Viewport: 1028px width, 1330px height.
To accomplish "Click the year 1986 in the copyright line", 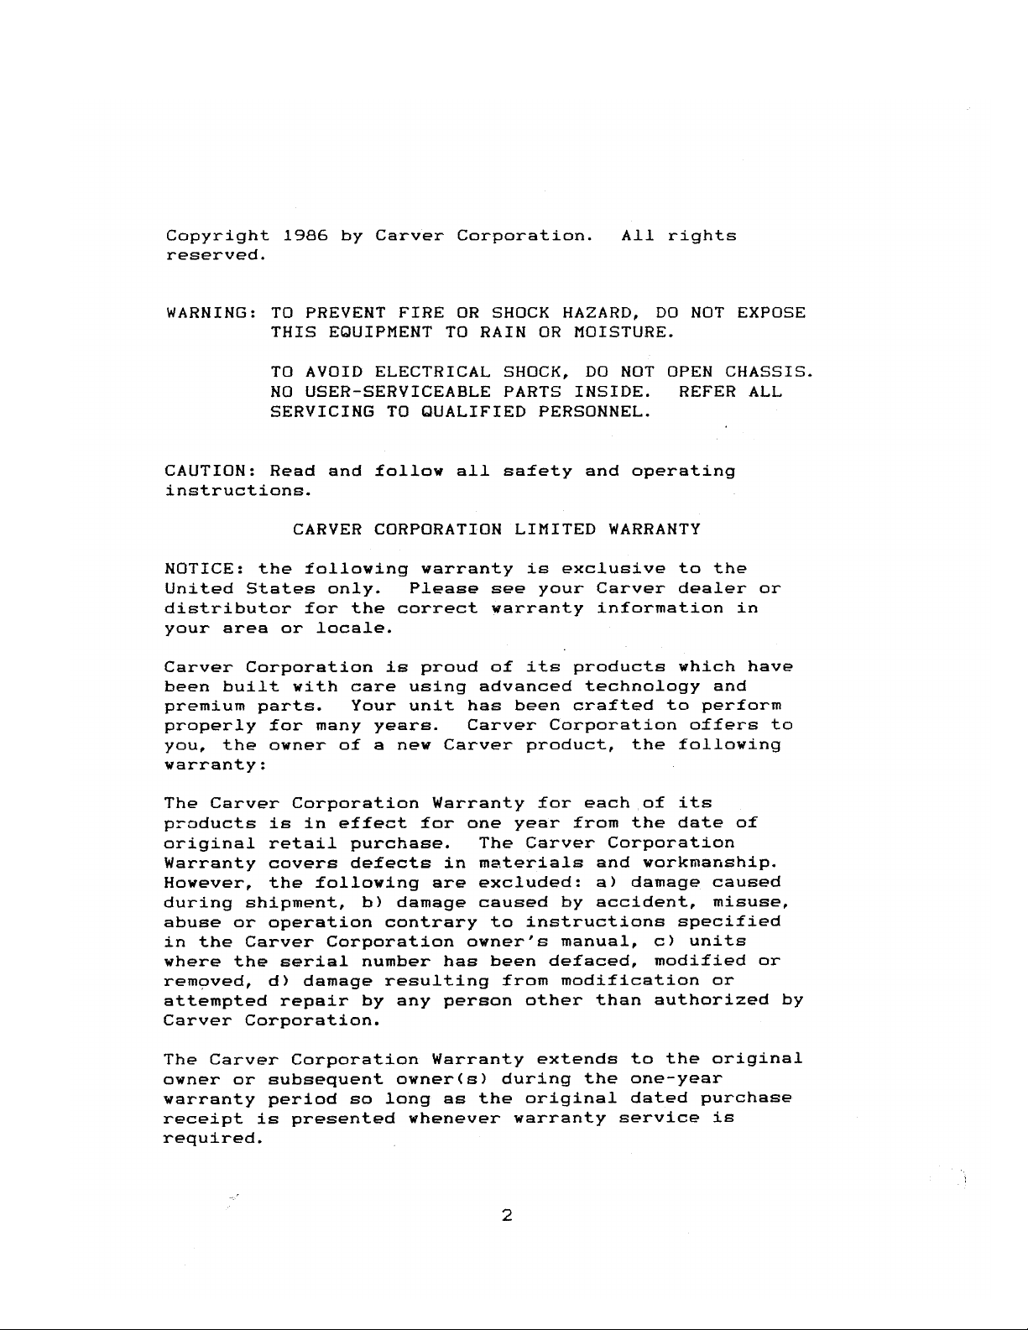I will tap(305, 236).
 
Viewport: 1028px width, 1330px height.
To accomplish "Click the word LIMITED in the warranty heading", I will tap(555, 529).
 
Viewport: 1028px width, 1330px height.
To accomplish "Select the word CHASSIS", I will tap(769, 372).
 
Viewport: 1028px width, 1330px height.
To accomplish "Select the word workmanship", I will tap(710, 863).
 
